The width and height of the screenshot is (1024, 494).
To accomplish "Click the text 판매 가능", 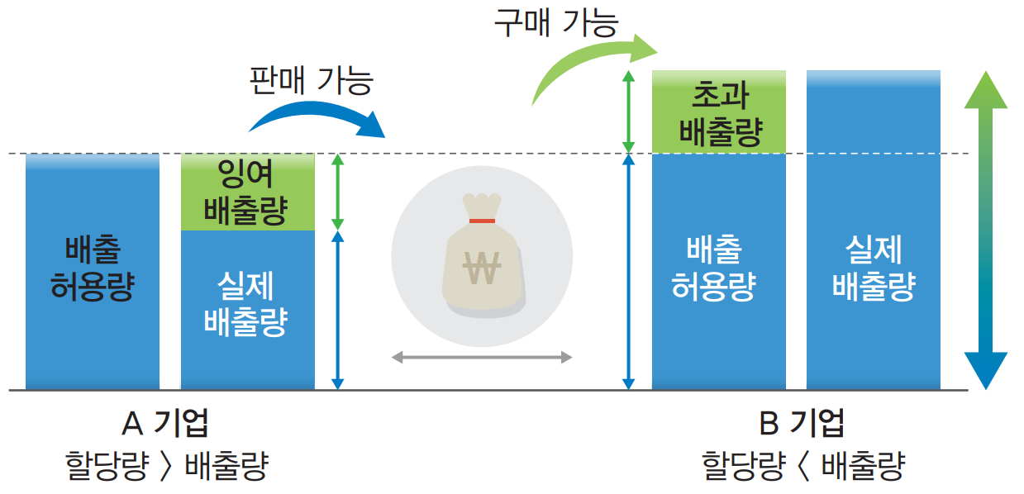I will [312, 80].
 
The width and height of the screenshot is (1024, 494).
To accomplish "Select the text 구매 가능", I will [555, 22].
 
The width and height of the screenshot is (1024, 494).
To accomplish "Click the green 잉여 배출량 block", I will [247, 192].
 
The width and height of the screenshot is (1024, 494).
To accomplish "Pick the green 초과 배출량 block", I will [718, 112].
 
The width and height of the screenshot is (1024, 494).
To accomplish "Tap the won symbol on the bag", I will [481, 267].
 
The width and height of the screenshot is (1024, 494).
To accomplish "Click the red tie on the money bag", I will [481, 221].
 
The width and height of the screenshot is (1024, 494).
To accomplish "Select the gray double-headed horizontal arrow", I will [482, 358].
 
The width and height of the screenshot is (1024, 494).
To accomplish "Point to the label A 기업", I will [165, 423].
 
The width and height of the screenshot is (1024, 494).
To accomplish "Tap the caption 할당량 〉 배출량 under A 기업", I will [166, 466].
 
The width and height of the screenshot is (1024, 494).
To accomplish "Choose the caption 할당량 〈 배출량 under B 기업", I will [803, 466].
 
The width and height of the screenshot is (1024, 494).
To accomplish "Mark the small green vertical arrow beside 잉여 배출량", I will [336, 192].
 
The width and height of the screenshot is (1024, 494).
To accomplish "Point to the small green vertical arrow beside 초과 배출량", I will [628, 112].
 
